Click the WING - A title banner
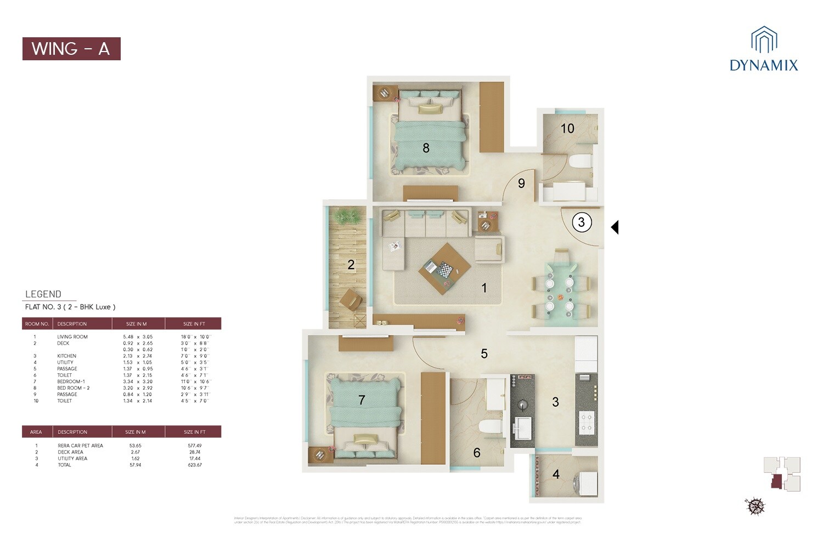click(71, 49)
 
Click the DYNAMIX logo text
click(764, 66)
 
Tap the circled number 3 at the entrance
click(582, 222)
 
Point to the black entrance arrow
click(615, 227)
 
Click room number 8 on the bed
click(426, 148)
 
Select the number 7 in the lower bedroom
click(362, 400)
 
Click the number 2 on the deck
click(351, 265)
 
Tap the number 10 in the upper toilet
click(567, 128)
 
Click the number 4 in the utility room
click(556, 474)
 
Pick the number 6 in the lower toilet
click(477, 453)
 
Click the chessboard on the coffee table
click(444, 270)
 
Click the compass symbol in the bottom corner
click(755, 505)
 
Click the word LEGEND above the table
click(43, 294)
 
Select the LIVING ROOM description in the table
click(72, 337)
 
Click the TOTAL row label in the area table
click(65, 465)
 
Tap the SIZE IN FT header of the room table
click(194, 324)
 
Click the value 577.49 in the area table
click(194, 446)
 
